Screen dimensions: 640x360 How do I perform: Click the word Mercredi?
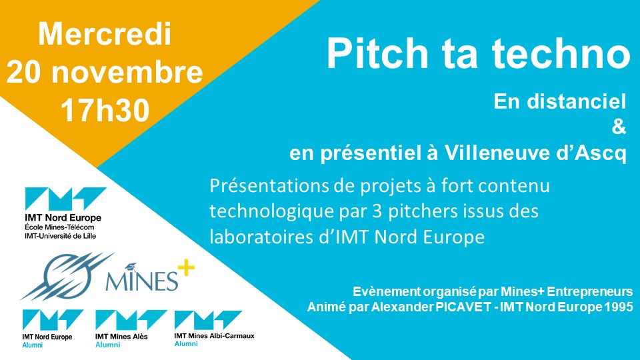(x=105, y=34)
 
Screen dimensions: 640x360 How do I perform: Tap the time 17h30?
(x=105, y=110)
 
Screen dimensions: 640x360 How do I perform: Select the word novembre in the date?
(x=127, y=72)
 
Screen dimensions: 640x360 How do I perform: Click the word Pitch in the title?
(x=377, y=53)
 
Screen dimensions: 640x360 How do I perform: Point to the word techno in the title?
(x=561, y=53)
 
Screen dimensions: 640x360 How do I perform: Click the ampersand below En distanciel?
(x=619, y=127)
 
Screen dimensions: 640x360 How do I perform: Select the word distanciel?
(x=576, y=101)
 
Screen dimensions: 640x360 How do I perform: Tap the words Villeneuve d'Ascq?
(x=535, y=153)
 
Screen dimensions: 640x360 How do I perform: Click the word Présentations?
(x=270, y=186)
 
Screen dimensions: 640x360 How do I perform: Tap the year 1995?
(x=619, y=307)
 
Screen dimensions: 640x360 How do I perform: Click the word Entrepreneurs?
(x=590, y=292)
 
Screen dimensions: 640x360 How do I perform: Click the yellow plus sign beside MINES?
(x=186, y=268)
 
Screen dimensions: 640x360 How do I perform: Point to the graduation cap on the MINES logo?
(x=131, y=267)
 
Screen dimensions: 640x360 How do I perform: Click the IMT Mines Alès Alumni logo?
(x=131, y=329)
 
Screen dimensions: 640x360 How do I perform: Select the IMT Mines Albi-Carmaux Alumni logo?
(x=214, y=329)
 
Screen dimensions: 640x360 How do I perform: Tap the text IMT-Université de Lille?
(x=61, y=236)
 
